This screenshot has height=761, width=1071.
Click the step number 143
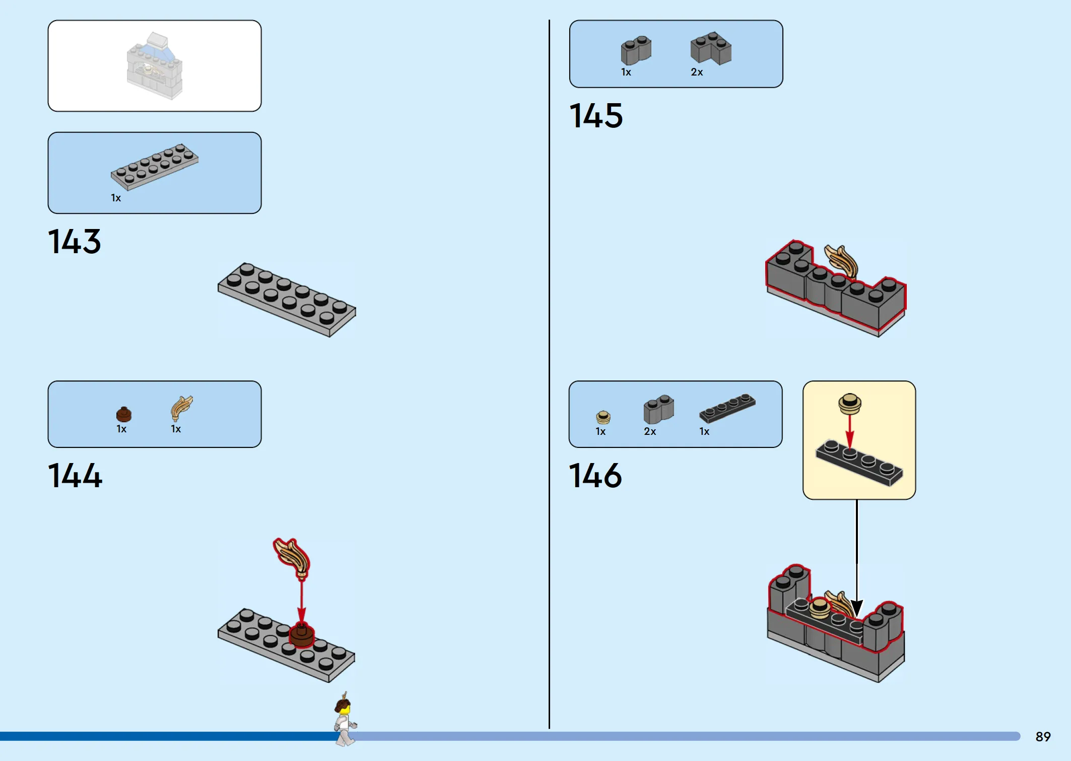75,242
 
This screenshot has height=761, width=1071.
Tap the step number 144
75,476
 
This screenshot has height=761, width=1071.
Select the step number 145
596,116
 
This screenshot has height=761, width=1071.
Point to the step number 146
595,476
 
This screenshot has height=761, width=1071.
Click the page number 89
1043,737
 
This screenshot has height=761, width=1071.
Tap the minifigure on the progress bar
345,720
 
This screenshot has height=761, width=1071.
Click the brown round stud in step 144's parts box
124,414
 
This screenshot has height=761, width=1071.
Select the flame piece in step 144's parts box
181,408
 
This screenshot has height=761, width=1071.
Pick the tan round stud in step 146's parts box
603,417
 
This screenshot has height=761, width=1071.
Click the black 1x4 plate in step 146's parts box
727,408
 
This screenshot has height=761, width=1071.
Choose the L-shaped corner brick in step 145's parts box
711,48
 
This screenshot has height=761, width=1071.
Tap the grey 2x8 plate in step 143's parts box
155,167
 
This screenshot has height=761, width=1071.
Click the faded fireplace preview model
154,66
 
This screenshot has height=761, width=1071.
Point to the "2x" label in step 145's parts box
697,72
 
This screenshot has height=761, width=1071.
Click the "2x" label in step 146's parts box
650,432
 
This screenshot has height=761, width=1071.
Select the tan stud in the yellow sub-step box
850,404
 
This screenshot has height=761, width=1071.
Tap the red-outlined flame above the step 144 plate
292,558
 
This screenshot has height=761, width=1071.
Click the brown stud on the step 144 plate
302,635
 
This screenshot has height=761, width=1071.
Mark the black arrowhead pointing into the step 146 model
857,608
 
